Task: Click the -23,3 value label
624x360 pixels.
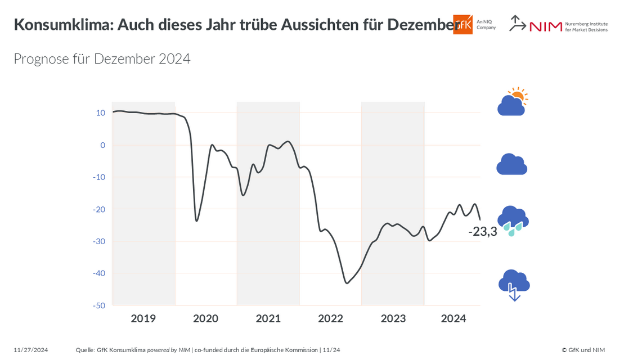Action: pyautogui.click(x=483, y=231)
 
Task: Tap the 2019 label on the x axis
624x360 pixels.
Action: pyautogui.click(x=143, y=319)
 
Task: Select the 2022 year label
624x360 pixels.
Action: pyautogui.click(x=330, y=319)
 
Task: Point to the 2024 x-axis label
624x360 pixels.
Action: pyautogui.click(x=454, y=319)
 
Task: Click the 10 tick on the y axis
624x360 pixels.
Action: pyautogui.click(x=101, y=113)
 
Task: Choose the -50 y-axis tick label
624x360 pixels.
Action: pyautogui.click(x=99, y=305)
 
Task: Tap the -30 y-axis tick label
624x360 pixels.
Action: pyautogui.click(x=99, y=241)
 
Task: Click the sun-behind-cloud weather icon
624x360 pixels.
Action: pyautogui.click(x=512, y=102)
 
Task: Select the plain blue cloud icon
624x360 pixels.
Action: pyautogui.click(x=511, y=164)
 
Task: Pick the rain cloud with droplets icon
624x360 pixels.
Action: pyautogui.click(x=512, y=220)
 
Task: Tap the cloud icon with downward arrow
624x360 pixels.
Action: pyautogui.click(x=514, y=285)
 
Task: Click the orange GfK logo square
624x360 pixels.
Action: pyautogui.click(x=463, y=24)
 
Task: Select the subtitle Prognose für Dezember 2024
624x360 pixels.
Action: pyautogui.click(x=102, y=58)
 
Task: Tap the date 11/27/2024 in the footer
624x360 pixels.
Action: pyautogui.click(x=31, y=350)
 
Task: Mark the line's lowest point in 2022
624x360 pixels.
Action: pyautogui.click(x=347, y=283)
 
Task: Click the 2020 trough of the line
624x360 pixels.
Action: pyautogui.click(x=196, y=220)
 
